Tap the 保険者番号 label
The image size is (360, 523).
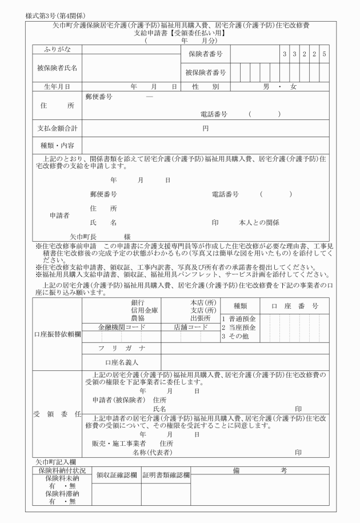point(205,54)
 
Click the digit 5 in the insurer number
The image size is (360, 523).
point(324,54)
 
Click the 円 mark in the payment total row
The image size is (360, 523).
point(205,128)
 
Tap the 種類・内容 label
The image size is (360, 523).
point(56,145)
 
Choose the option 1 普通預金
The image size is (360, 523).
point(238,318)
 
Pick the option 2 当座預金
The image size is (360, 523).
point(238,327)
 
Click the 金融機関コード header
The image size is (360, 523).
point(122,328)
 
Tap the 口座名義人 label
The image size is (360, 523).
point(122,362)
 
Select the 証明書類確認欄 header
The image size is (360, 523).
point(166,474)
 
